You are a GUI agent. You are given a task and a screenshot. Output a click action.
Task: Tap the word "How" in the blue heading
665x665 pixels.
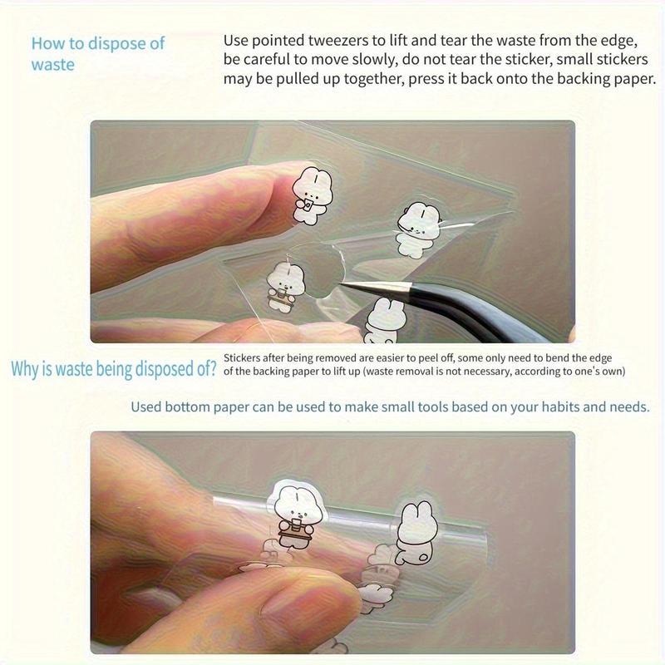pyautogui.click(x=47, y=43)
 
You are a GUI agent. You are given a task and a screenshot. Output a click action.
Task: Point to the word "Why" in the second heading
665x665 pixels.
pyautogui.click(x=25, y=369)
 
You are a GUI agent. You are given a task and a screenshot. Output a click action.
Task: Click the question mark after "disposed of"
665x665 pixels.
pyautogui.click(x=212, y=368)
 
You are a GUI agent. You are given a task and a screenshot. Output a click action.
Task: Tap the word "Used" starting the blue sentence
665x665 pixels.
pyautogui.click(x=146, y=407)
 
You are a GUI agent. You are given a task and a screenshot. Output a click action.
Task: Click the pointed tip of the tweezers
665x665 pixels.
pyautogui.click(x=341, y=283)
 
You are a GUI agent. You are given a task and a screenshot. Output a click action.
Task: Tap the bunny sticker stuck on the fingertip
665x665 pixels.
pyautogui.click(x=313, y=195)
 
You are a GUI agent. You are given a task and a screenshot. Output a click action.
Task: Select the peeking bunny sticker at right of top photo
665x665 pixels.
pyautogui.click(x=417, y=230)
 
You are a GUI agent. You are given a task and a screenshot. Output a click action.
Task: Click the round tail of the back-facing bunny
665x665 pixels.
pyautogui.click(x=422, y=556)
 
